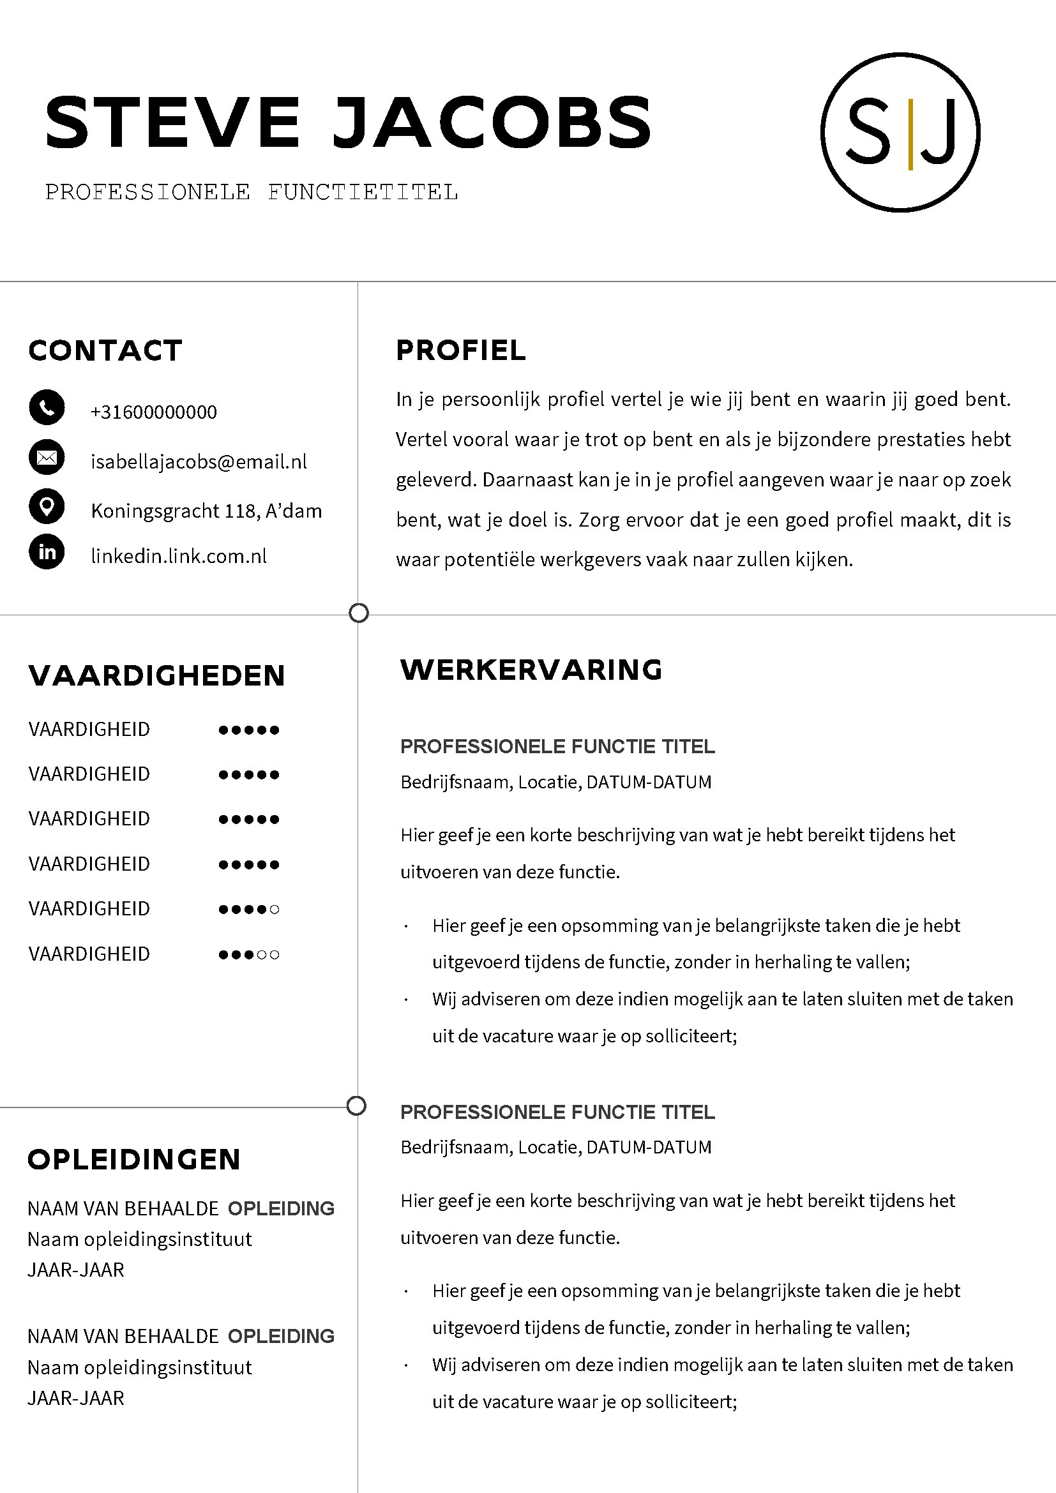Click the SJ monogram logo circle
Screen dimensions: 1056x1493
[x=901, y=132]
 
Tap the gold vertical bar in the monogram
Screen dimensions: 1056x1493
[x=910, y=134]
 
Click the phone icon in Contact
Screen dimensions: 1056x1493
[x=47, y=408]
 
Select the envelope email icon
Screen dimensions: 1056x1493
[x=47, y=458]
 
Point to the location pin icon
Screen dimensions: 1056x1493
[x=47, y=507]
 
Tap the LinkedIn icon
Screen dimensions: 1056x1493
[x=47, y=552]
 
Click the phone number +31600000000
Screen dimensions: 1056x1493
[x=154, y=412]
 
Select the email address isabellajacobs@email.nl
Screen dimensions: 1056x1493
[x=199, y=461]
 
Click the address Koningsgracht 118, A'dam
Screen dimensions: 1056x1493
[x=206, y=511]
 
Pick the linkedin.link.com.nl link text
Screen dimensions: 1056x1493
[x=179, y=556]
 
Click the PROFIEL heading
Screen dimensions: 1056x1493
[x=460, y=350]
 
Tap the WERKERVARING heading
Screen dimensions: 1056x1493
[x=531, y=670]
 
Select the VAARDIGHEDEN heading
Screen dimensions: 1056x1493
[x=156, y=675]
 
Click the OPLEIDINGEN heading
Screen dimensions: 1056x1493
[x=134, y=1159]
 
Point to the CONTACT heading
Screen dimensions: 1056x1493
[x=105, y=350]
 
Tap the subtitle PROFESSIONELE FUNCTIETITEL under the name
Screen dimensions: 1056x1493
[x=252, y=193]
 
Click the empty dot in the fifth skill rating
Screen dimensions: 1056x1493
[x=275, y=909]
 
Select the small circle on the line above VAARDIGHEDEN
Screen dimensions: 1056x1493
[x=359, y=613]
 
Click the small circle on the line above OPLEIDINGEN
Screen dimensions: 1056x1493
[x=356, y=1106]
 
